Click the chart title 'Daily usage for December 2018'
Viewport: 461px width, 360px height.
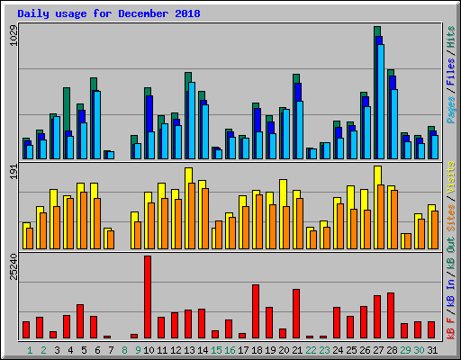pos(109,14)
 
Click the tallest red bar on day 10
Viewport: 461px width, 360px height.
pos(148,297)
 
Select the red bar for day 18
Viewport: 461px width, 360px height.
pos(256,310)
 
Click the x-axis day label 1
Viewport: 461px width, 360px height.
pos(30,350)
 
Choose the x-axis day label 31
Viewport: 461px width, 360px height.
pos(432,350)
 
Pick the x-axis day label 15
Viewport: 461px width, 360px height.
pos(216,350)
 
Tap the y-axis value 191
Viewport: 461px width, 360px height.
pos(13,173)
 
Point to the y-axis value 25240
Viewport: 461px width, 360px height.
pos(13,267)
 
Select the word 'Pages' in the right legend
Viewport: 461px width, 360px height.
pos(450,108)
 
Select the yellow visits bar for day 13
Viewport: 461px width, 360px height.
pos(188,207)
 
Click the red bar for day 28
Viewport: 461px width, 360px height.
pos(391,315)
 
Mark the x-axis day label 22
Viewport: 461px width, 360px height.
pos(311,350)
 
